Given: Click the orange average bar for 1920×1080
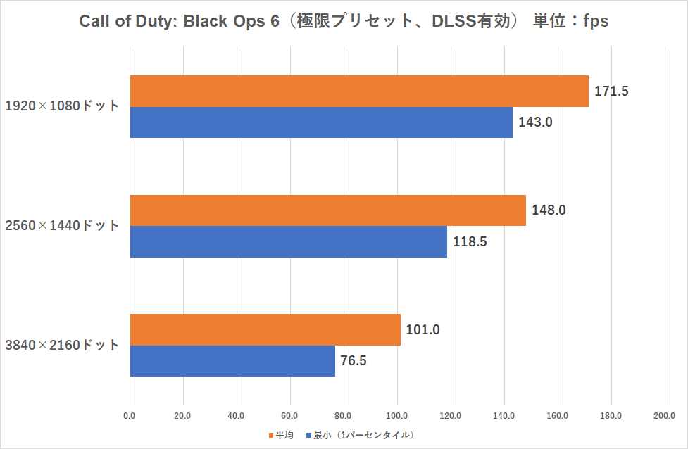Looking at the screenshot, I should (x=358, y=91).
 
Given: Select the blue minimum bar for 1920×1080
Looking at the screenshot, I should (x=320, y=122).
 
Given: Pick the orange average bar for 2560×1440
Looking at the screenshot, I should (x=327, y=210).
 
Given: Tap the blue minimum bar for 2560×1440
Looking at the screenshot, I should (x=288, y=241).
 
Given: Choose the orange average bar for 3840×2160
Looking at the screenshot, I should (x=265, y=329).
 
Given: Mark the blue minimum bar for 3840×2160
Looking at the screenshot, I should (x=232, y=361).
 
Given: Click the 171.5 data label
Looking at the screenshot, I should (x=611, y=91).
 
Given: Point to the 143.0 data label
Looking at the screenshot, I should (x=535, y=122).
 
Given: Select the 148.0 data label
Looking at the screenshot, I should (x=549, y=210).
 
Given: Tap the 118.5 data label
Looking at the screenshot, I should (x=470, y=242).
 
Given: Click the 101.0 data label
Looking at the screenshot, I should (x=423, y=329).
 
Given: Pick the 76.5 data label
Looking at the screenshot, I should (x=354, y=361).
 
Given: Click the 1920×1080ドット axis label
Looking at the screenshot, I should (x=62, y=106).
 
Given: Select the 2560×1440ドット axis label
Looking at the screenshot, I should (x=62, y=226).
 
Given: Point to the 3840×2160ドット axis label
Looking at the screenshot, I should (x=62, y=346).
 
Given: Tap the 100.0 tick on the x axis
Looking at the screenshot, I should (x=397, y=415).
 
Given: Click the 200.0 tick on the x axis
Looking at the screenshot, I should (x=665, y=415).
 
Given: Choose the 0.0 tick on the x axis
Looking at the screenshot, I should (x=130, y=415).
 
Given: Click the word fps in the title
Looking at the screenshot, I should (x=592, y=22).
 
